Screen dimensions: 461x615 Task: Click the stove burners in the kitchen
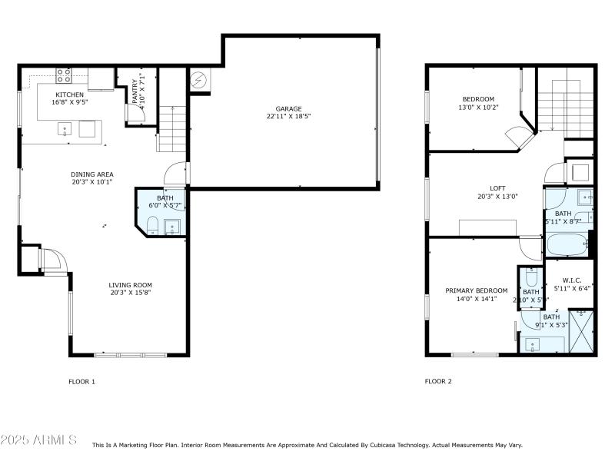[x=64, y=75]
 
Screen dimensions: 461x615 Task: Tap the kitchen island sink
[x=65, y=128]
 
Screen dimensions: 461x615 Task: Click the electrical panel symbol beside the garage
[x=199, y=79]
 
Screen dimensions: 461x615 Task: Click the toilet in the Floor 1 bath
[x=152, y=224]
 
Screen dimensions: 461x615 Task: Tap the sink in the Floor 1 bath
[x=170, y=226]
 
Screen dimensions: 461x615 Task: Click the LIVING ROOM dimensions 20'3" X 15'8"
[x=130, y=293]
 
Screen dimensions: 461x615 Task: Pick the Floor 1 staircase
[x=172, y=127]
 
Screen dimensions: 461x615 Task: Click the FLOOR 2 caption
[x=438, y=381]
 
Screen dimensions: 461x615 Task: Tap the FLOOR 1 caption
[x=82, y=381]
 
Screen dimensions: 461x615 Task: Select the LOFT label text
[x=498, y=187]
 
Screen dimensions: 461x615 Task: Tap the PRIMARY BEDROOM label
[x=476, y=290]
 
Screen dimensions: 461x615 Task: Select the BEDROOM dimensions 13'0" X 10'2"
[x=478, y=108]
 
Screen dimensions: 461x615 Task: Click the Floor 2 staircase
[x=566, y=104]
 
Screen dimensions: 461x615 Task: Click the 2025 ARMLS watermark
[x=38, y=440]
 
